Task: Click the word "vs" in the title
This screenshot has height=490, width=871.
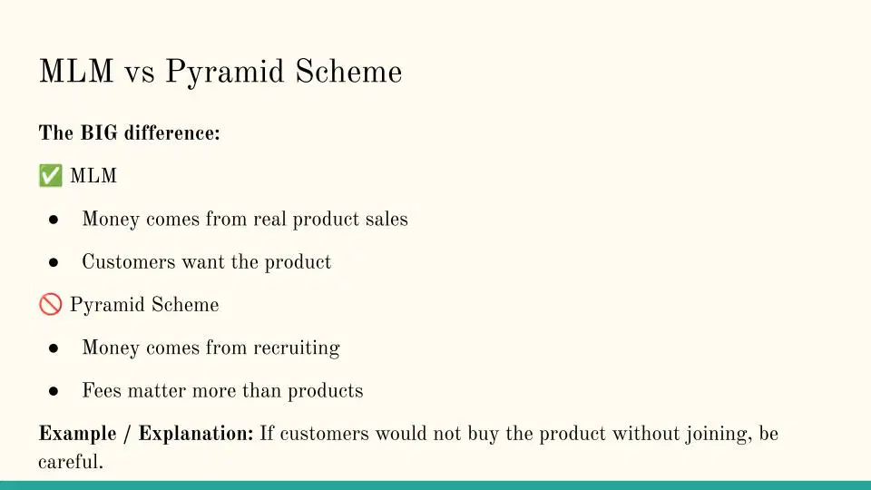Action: (139, 73)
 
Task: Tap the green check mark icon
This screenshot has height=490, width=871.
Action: (51, 175)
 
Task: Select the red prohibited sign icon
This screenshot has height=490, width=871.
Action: (51, 305)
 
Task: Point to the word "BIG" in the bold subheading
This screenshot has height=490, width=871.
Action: (99, 132)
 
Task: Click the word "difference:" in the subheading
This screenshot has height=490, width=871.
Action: (172, 132)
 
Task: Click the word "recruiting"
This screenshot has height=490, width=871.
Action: (297, 348)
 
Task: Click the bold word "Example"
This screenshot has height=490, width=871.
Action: (77, 434)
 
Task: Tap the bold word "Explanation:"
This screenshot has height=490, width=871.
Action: (196, 434)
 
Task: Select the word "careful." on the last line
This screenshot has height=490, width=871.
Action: (71, 462)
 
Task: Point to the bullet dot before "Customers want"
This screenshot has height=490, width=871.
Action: (54, 262)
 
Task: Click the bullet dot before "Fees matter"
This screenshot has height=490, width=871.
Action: (54, 391)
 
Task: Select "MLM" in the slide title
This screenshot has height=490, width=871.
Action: (76, 72)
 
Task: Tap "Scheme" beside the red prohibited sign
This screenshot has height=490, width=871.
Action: (185, 305)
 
